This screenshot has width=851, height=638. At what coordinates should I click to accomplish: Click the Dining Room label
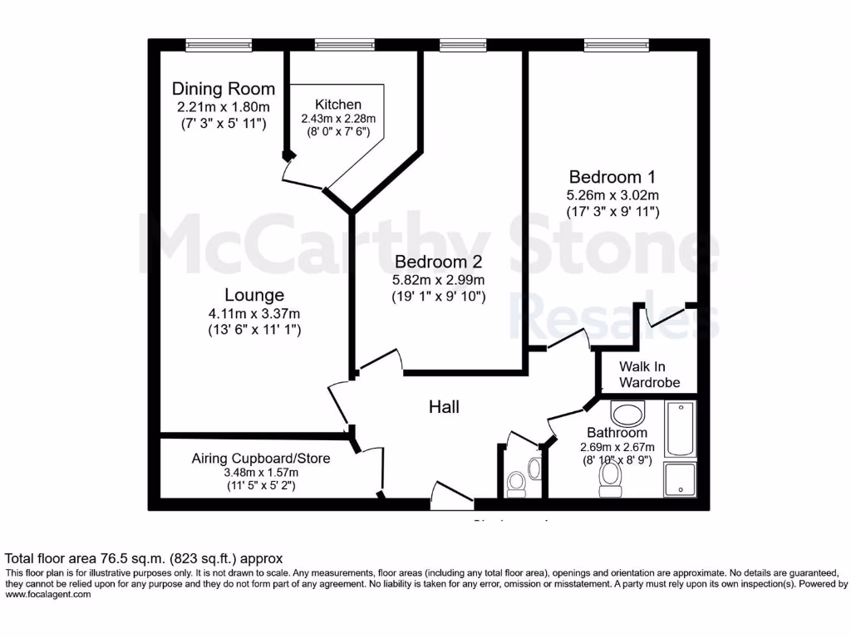pos(223,89)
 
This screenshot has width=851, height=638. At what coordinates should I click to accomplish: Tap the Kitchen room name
pos(337,105)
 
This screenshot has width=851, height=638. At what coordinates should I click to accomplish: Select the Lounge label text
pos(254,295)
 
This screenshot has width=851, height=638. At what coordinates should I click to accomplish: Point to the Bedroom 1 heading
pos(612,177)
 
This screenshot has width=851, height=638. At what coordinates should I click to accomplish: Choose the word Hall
pos(444,407)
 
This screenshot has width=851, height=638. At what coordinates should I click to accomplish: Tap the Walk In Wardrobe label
pos(649,375)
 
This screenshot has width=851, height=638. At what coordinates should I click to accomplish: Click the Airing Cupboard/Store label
pos(261,459)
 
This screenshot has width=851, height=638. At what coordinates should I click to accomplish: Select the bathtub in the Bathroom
pos(680,429)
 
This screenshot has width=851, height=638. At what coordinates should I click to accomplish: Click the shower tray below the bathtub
pos(680,480)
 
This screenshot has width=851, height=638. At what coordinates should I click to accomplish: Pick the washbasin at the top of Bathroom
pos(627,413)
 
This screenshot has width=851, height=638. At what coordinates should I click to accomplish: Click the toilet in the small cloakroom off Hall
pos(516,482)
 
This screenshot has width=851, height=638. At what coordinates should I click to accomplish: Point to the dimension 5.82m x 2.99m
pos(438,280)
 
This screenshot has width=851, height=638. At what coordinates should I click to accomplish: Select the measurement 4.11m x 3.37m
pos(254,313)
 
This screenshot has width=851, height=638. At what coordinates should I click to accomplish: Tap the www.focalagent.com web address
pos(48,594)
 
